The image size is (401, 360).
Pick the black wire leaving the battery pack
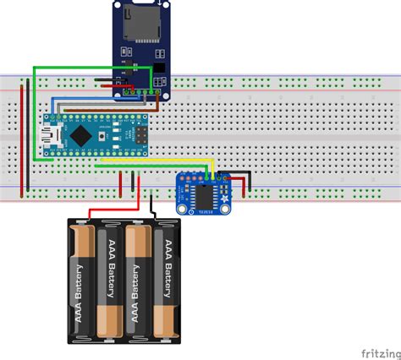coord(152,206)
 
